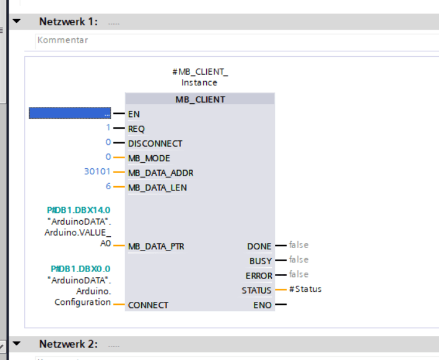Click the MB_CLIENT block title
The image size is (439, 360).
pyautogui.click(x=199, y=99)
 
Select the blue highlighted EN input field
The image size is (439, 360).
pyautogui.click(x=70, y=113)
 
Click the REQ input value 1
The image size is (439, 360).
pyautogui.click(x=107, y=128)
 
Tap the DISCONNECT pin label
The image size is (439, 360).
pyautogui.click(x=155, y=143)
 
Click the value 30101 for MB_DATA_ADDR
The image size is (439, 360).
pyautogui.click(x=97, y=172)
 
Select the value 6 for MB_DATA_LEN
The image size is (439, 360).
pyautogui.click(x=108, y=186)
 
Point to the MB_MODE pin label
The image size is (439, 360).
pyautogui.click(x=149, y=158)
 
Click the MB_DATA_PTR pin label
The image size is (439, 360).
pyautogui.click(x=156, y=246)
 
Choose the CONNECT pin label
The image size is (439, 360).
pyautogui.click(x=148, y=305)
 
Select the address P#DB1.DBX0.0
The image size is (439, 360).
pyautogui.click(x=80, y=269)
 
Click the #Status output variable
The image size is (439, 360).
pyautogui.click(x=305, y=289)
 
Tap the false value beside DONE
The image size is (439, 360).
pyautogui.click(x=298, y=245)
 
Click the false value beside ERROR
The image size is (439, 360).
pyautogui.click(x=298, y=274)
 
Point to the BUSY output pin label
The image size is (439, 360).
pyautogui.click(x=260, y=261)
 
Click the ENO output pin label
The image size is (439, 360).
pyautogui.click(x=262, y=305)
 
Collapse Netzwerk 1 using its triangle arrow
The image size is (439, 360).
pyautogui.click(x=16, y=21)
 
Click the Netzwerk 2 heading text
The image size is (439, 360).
pyautogui.click(x=68, y=343)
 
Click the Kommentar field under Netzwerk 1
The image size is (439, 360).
pyautogui.click(x=63, y=40)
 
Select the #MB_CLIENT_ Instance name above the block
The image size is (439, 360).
pyautogui.click(x=199, y=77)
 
